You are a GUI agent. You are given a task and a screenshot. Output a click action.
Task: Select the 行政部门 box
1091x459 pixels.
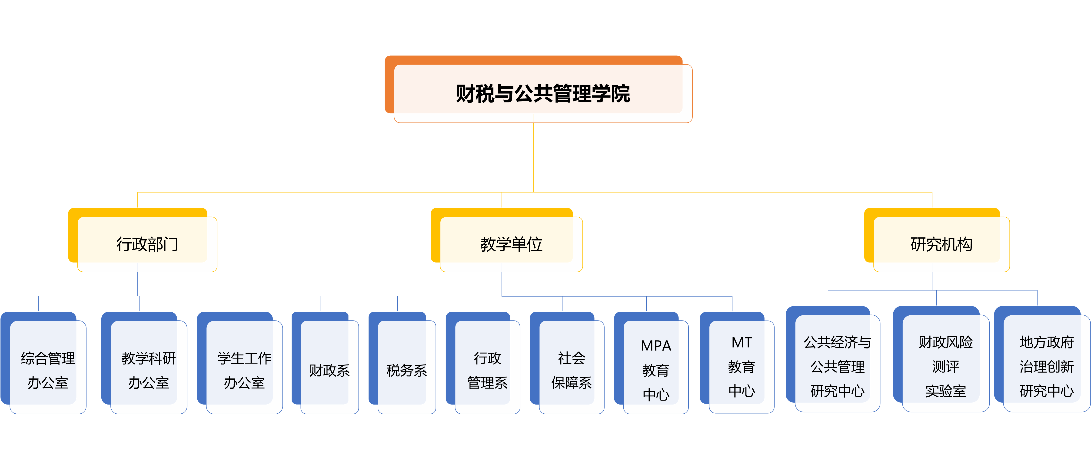pyautogui.click(x=147, y=244)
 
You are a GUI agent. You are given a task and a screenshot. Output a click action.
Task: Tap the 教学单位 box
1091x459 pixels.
pyautogui.click(x=511, y=244)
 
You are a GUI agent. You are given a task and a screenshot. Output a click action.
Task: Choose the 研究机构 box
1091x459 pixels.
pyautogui.click(x=941, y=244)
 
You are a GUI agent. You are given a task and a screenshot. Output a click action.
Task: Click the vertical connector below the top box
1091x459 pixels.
pyautogui.click(x=534, y=157)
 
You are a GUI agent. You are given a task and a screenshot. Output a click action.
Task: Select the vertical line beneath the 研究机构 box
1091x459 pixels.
pyautogui.click(x=932, y=281)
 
